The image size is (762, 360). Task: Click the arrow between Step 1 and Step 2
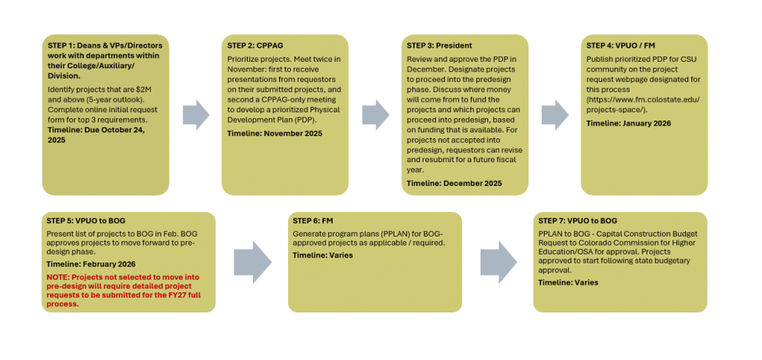pos(196,114)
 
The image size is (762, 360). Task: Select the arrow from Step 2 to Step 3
pos(376,114)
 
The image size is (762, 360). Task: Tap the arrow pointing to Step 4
pos(555,114)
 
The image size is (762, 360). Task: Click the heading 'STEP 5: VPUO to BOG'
pos(86,221)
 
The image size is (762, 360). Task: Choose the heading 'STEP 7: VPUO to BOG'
pos(577,221)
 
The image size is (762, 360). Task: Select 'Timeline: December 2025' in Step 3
pos(454,183)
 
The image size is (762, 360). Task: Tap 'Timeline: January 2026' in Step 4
pos(628,123)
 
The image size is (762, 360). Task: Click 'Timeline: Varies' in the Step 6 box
pos(322,255)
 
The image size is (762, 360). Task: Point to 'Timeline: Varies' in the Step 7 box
pos(568,283)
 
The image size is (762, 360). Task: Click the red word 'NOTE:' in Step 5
pos(60,277)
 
